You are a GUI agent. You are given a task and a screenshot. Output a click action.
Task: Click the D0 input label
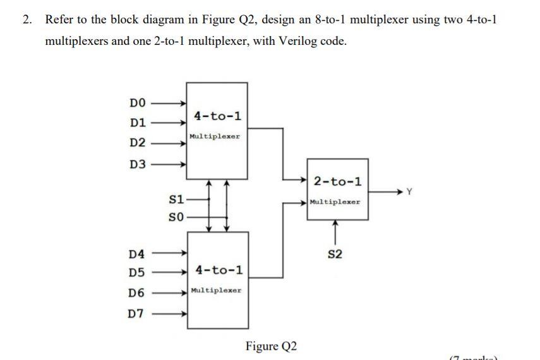click(138, 102)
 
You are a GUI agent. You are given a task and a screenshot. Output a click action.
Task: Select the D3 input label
click(138, 165)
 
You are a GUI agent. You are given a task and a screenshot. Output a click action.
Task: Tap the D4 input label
click(136, 255)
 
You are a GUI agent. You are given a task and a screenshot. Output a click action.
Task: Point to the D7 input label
click(136, 314)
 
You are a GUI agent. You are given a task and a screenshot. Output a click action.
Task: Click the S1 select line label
click(177, 200)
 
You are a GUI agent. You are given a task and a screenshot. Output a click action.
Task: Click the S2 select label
click(335, 255)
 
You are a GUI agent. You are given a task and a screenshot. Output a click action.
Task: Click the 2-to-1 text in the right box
click(338, 182)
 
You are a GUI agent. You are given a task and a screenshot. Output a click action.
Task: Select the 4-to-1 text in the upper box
click(217, 116)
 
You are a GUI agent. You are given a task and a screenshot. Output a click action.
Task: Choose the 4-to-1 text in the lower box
click(219, 270)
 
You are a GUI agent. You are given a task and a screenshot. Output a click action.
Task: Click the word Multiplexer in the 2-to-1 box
click(335, 202)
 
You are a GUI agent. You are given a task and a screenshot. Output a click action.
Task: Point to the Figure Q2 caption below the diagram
click(271, 346)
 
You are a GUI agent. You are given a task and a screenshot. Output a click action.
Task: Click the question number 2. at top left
click(27, 19)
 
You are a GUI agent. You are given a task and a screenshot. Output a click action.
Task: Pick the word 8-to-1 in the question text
click(324, 19)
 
